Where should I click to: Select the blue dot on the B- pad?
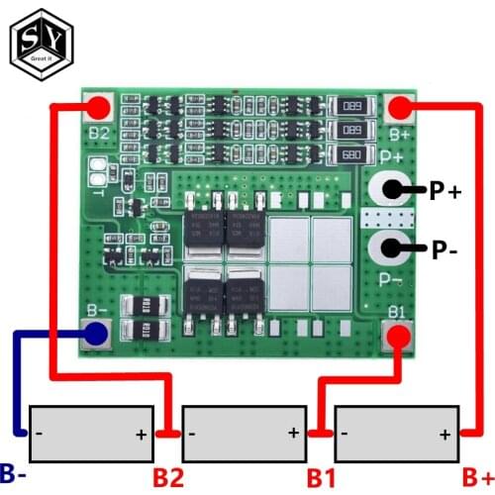click(x=96, y=335)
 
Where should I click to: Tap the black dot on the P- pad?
click(x=390, y=248)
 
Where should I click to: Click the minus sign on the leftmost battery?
click(x=39, y=433)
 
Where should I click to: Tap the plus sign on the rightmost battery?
click(x=445, y=433)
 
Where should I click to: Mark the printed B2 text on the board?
click(x=98, y=132)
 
